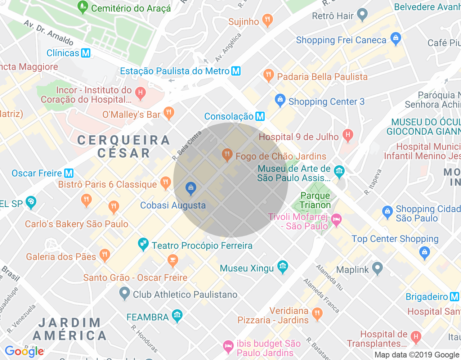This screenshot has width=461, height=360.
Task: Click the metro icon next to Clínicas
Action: [86, 53]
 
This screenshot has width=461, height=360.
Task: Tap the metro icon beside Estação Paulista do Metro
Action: [236, 71]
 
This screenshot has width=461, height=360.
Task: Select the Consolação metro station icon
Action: [260, 116]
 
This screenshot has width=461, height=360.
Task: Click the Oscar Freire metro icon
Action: [69, 173]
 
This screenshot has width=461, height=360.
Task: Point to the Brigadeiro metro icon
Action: [455, 297]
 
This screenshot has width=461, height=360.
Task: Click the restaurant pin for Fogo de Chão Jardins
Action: [227, 155]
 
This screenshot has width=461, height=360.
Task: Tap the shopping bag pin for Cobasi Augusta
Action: [191, 188]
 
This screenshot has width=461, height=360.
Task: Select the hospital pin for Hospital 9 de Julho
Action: [348, 135]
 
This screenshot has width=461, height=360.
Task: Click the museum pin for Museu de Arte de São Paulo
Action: [339, 171]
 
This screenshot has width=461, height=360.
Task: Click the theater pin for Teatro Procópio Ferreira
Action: [143, 244]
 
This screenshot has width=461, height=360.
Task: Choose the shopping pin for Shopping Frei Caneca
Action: [395, 39]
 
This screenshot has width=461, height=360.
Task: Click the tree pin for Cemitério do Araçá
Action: [83, 6]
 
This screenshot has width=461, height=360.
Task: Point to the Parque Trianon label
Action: [315, 200]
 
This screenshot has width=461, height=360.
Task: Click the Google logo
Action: [24, 351]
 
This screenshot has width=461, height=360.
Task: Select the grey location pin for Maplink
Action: [377, 268]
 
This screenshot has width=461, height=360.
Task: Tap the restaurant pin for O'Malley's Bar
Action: [169, 113]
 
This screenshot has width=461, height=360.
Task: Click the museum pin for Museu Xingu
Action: [283, 267]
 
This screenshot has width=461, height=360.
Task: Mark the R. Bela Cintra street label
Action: [187, 146]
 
